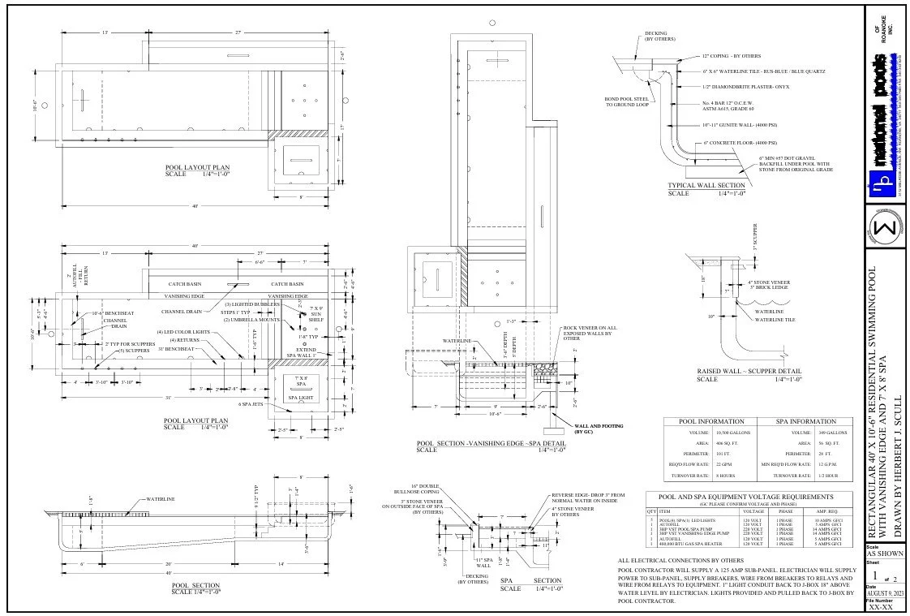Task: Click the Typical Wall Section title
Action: pos(706,186)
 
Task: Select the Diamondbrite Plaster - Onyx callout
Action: pos(745,86)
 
